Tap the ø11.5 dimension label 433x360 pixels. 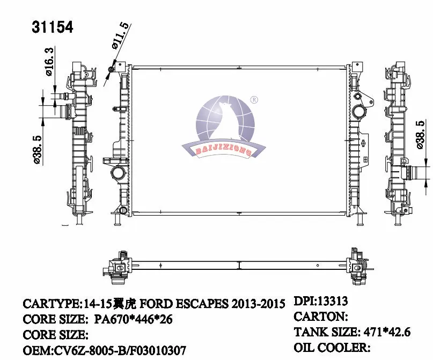(x=121, y=36)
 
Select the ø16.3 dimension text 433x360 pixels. (x=49, y=62)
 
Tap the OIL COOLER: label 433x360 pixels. (x=332, y=348)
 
